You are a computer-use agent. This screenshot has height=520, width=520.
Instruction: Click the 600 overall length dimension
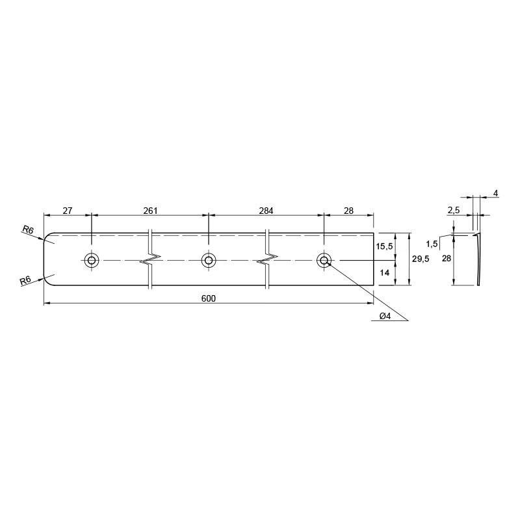[208, 298]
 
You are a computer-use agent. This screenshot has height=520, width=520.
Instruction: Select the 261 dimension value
[150, 211]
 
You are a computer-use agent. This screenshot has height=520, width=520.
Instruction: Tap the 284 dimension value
[266, 211]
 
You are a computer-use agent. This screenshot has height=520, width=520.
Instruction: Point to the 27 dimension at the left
[68, 211]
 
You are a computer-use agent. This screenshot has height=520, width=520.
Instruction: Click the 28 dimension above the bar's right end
[348, 211]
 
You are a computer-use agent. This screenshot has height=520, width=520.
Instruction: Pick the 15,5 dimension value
[384, 246]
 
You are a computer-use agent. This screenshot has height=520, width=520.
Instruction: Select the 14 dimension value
[384, 272]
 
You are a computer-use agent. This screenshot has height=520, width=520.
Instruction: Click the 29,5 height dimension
[420, 259]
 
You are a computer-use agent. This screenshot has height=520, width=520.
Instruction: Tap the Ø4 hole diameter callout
[385, 316]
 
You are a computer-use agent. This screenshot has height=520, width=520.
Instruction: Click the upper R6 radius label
[28, 229]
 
